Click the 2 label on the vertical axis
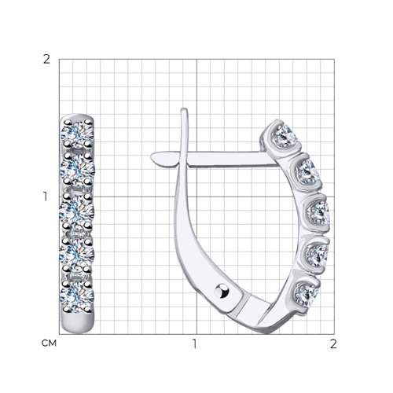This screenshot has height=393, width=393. tap(46, 60)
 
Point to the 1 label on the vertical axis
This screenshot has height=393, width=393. tap(46, 196)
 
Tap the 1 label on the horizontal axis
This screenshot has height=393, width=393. tap(194, 343)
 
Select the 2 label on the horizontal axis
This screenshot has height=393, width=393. tap(333, 343)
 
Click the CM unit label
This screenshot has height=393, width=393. tap(49, 343)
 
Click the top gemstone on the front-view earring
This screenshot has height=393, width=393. tap(78, 134)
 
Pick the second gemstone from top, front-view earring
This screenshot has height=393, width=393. tap(77, 169)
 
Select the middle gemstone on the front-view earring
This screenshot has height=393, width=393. tap(77, 211)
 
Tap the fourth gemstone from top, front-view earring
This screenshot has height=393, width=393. tap(77, 254)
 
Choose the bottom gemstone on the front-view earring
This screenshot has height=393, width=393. tap(77, 296)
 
